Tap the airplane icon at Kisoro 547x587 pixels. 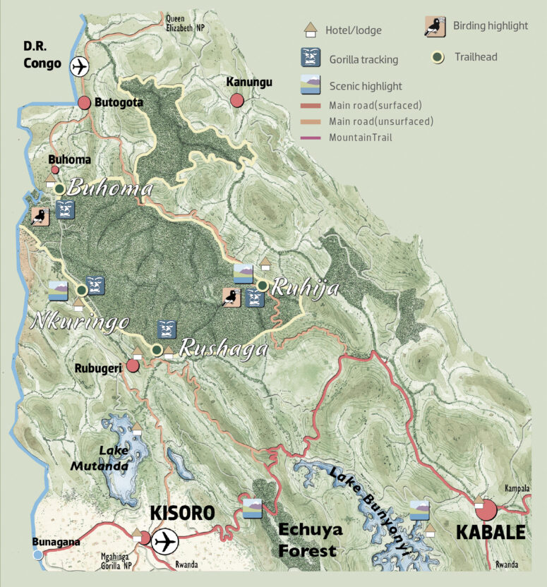[x=165, y=542]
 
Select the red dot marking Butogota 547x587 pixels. [x=85, y=102]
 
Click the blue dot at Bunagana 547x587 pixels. [x=38, y=555]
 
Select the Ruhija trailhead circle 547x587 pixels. [x=263, y=286]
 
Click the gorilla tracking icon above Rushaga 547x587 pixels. [x=167, y=329]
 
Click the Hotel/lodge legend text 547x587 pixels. [x=354, y=30]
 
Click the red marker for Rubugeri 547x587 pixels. [x=133, y=365]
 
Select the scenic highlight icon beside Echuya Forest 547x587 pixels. [x=253, y=508]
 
